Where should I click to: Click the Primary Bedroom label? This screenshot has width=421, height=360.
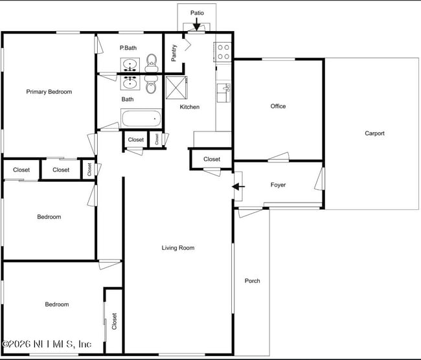(x=49, y=92)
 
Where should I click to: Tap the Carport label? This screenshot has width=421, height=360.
(x=374, y=133)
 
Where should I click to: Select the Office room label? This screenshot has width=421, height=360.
(x=278, y=106)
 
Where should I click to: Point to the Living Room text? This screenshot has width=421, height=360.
(x=177, y=248)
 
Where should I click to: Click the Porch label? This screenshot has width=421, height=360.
(x=252, y=280)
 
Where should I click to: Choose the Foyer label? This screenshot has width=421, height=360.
(x=278, y=185)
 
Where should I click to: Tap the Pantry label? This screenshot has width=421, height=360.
(x=174, y=52)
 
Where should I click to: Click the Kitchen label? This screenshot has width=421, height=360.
(x=190, y=107)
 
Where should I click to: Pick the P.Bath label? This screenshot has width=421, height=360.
(x=128, y=48)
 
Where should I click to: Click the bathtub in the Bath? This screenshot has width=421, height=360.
(x=141, y=119)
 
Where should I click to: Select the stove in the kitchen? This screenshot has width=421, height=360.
(x=223, y=52)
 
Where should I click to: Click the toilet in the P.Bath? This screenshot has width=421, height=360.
(x=152, y=62)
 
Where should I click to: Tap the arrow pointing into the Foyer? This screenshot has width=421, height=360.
(x=239, y=187)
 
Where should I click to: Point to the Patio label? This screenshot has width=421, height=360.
(x=197, y=13)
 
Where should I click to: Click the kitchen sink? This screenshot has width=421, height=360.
(x=223, y=93)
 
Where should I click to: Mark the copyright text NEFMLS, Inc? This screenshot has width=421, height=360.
(x=47, y=344)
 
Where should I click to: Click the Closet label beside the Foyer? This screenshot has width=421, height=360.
(x=212, y=159)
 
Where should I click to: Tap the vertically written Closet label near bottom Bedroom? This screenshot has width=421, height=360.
(x=115, y=322)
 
